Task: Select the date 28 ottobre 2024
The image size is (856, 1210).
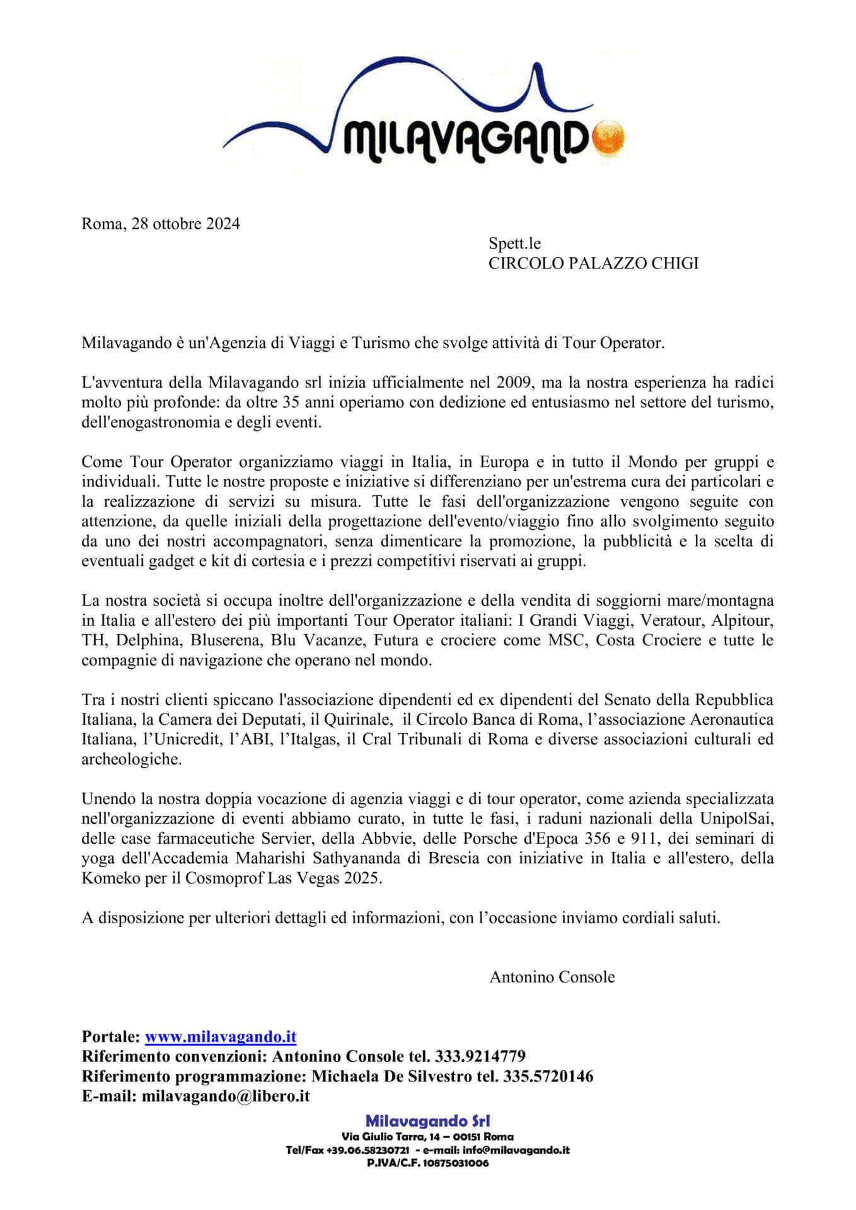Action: click(x=185, y=224)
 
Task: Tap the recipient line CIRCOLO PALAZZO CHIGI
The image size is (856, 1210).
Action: click(x=593, y=263)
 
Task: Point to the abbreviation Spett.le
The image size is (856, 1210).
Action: click(x=514, y=243)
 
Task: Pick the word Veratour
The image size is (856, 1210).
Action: click(x=671, y=621)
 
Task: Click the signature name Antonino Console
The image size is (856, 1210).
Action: click(x=552, y=977)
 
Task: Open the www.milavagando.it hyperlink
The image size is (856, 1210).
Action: click(x=221, y=1037)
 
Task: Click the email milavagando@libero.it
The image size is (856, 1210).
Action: click(x=226, y=1096)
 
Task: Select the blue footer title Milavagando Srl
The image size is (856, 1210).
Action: click(x=427, y=1121)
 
